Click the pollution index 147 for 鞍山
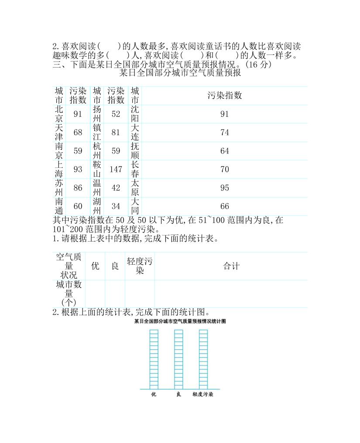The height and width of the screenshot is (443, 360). [x=116, y=169]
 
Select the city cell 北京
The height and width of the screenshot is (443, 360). [x=59, y=114]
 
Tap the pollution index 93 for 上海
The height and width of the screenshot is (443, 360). [x=78, y=169]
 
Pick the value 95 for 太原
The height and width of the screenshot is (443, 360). [x=225, y=188]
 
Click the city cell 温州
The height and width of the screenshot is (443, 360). [x=97, y=188]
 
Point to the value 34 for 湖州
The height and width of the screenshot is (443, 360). [x=116, y=206]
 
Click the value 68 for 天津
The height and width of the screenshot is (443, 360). [x=78, y=132]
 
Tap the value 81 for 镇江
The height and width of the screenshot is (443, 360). [x=116, y=132]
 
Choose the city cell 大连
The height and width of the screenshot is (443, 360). [x=135, y=132]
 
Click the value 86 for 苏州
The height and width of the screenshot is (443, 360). [x=78, y=188]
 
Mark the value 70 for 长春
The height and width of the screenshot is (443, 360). [x=225, y=169]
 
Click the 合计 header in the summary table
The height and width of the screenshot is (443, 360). [x=231, y=266]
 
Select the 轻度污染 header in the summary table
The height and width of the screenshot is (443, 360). [x=140, y=266]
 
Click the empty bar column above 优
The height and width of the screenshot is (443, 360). [x=154, y=359]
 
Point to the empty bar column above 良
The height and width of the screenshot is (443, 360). [x=178, y=359]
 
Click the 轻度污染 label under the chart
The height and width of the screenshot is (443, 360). [x=203, y=394]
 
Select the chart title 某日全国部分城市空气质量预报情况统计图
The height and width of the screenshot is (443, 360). [x=180, y=321]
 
